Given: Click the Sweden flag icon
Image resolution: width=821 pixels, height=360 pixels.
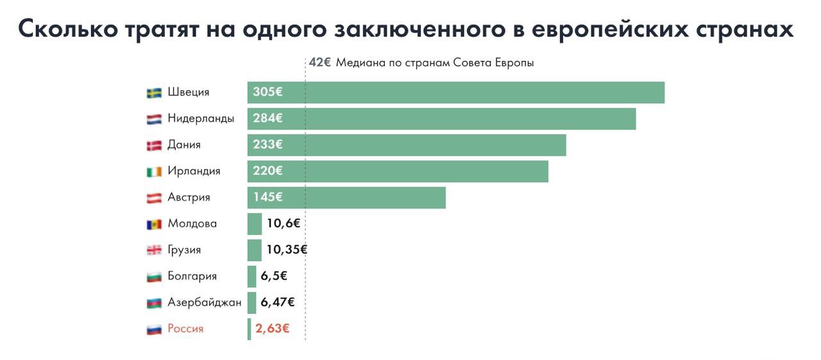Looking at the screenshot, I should [154, 92].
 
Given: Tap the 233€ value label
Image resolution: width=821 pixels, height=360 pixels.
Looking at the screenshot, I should [267, 145].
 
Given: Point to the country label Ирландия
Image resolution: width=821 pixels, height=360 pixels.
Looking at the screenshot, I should [194, 171].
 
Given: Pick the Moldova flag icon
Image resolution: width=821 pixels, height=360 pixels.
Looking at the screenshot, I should [154, 225].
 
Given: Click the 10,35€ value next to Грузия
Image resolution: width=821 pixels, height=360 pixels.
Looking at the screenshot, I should [287, 250].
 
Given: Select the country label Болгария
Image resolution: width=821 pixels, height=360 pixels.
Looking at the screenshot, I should [192, 277].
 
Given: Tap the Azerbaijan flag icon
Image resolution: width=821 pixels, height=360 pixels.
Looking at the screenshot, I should [154, 303].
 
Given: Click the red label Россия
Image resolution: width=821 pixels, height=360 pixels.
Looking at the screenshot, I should [185, 329].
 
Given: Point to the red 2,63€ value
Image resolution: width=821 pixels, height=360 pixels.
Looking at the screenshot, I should [272, 329].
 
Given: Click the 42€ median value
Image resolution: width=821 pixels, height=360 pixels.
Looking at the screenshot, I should [319, 63].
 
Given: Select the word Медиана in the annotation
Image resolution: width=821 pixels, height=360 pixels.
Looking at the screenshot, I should [360, 63].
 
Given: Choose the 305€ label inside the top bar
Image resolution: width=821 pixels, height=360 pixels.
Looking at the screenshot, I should [267, 92].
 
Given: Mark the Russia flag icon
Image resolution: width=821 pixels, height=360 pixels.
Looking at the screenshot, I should [154, 330].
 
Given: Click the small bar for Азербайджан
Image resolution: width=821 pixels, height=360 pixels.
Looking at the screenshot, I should [252, 302].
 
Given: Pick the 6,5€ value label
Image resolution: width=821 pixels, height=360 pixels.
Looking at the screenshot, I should [273, 276].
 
